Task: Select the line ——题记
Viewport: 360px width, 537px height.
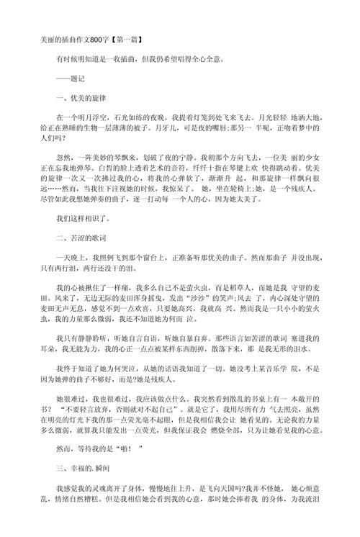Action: coord(71,81)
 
